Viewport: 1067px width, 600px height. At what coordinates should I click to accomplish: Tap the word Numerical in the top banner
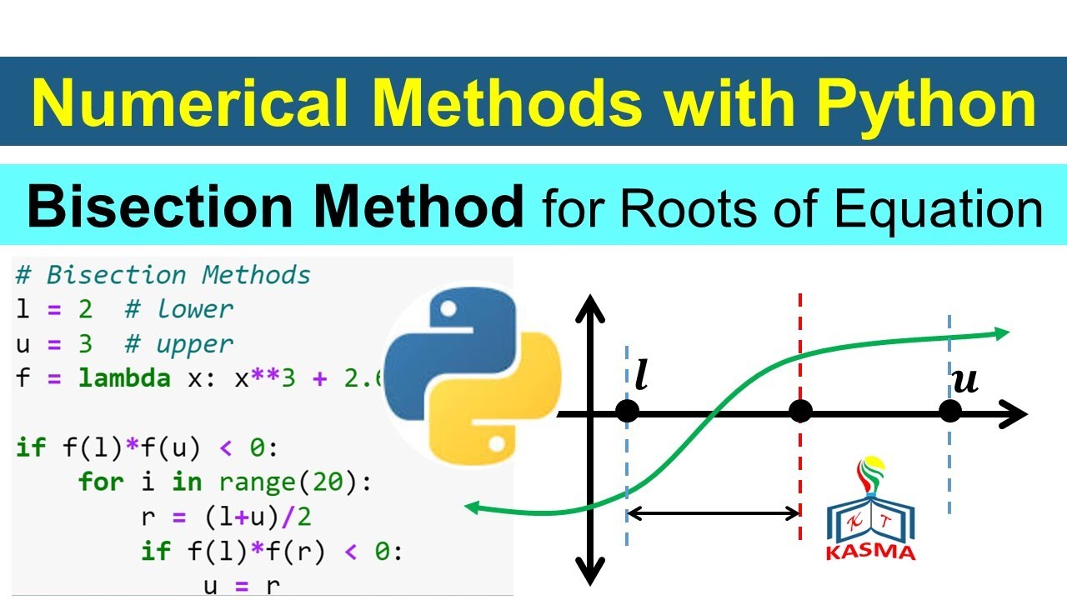188,104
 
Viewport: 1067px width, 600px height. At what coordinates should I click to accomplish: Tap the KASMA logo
870,508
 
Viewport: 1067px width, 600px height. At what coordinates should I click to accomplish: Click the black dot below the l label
627,412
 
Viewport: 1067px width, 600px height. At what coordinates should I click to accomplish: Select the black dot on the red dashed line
800,412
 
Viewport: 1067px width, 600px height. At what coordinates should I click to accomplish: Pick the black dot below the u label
949,412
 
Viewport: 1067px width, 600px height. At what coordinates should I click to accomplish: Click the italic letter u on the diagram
964,381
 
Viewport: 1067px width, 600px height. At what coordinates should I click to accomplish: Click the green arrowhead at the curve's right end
1000,333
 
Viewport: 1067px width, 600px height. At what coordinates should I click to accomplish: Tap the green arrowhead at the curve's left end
473,507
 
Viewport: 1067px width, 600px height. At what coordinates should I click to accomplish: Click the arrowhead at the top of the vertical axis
590,308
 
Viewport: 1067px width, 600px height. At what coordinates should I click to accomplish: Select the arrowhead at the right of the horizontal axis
1014,413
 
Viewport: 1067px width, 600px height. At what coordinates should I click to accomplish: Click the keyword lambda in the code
124,378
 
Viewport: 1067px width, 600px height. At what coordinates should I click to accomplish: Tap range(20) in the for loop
294,482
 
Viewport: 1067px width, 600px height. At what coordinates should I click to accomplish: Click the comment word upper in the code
195,343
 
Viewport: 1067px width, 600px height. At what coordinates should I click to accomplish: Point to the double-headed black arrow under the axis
714,513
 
